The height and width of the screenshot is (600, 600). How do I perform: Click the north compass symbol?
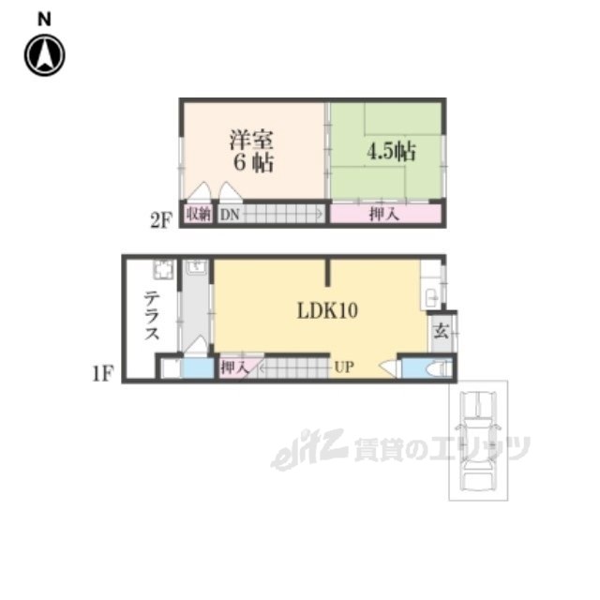click(44, 55)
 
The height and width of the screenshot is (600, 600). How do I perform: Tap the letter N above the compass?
click(44, 19)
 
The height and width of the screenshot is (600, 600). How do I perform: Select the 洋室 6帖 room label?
click(252, 151)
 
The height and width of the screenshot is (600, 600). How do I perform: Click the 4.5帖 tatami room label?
click(391, 151)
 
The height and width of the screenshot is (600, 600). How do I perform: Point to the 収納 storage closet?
click(198, 214)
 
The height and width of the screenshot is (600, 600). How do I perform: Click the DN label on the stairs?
click(230, 215)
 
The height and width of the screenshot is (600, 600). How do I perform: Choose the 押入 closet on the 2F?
click(385, 214)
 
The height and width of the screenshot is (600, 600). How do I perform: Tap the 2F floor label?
click(161, 220)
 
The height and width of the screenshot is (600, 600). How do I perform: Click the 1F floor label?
click(103, 373)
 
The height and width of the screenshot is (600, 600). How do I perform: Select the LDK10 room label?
click(327, 310)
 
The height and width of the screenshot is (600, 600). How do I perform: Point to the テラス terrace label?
click(152, 315)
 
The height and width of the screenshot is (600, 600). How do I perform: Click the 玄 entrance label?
click(441, 331)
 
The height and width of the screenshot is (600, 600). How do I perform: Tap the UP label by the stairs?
click(344, 367)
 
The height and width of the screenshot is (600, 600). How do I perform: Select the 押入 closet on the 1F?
click(234, 367)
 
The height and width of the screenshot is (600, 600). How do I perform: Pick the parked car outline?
click(478, 441)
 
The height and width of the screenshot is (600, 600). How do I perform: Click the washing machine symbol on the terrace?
click(164, 270)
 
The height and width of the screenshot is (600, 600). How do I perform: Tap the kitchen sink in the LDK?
click(431, 297)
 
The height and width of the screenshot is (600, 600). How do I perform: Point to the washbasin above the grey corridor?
click(197, 266)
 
